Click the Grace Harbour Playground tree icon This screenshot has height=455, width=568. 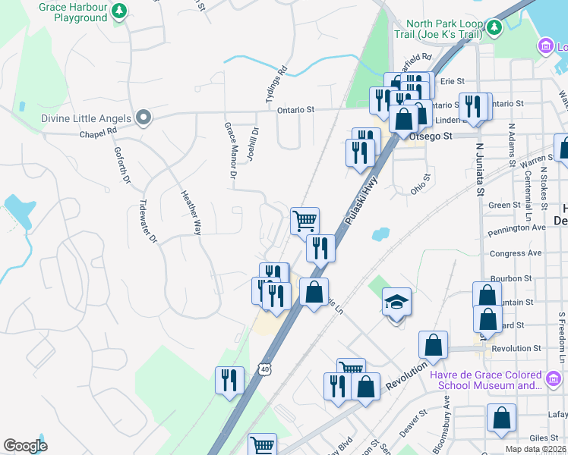pos(119,11)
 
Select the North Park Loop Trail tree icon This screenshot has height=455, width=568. pos(494,28)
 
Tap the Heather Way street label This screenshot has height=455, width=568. pos(190,212)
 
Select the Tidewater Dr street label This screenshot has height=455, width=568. pos(147,221)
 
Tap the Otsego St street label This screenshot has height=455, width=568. pos(431,136)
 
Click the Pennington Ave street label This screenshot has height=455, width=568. pos(518,227)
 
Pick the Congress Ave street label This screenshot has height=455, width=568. pos(516,253)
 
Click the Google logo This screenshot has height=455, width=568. pos(25,446)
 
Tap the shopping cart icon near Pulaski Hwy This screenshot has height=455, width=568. pos(305,221)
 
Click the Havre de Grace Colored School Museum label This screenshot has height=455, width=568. pos(485,380)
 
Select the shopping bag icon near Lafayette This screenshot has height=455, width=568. pos(502,419)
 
